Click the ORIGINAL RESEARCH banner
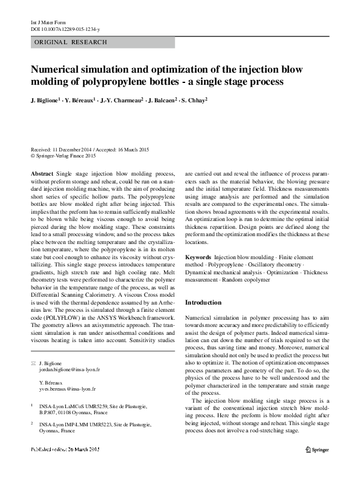coord(71,42)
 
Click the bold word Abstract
coord(42,174)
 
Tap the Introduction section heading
coord(203,302)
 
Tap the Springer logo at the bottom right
coord(316,449)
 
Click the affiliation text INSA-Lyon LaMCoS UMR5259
coord(79,407)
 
